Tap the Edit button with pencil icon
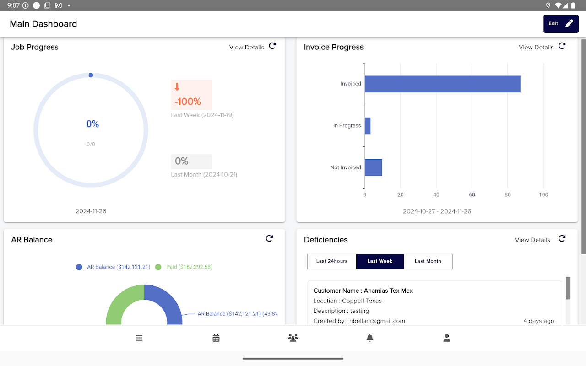(x=561, y=24)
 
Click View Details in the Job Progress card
(x=246, y=48)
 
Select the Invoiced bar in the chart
(x=442, y=84)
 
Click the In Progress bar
(x=368, y=126)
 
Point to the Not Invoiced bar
(x=373, y=167)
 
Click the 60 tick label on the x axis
(x=472, y=195)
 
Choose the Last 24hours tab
(x=332, y=261)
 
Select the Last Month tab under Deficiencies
(x=428, y=261)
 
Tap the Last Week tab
(x=380, y=261)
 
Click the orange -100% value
(x=188, y=102)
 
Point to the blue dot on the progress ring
(x=91, y=75)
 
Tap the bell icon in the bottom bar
(x=370, y=338)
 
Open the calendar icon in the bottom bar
(x=216, y=338)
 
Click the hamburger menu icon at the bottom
(x=139, y=338)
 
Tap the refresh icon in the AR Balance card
(x=269, y=238)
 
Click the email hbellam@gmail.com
(x=377, y=321)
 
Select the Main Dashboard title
(x=43, y=24)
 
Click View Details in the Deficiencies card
(x=532, y=240)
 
